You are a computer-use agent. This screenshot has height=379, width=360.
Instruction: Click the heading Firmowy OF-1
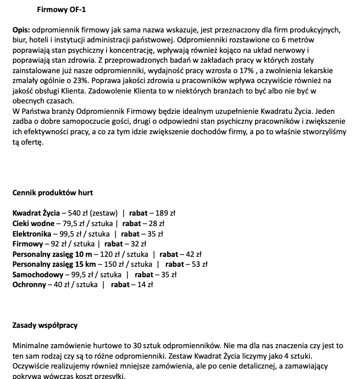click(x=61, y=9)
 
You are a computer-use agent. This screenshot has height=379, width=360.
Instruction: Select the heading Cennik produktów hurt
click(x=53, y=193)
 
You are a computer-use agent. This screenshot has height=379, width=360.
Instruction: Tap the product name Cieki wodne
click(x=34, y=223)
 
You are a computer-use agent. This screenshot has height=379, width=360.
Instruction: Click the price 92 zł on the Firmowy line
click(x=57, y=243)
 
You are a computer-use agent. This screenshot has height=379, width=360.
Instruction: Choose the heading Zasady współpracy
click(x=45, y=325)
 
